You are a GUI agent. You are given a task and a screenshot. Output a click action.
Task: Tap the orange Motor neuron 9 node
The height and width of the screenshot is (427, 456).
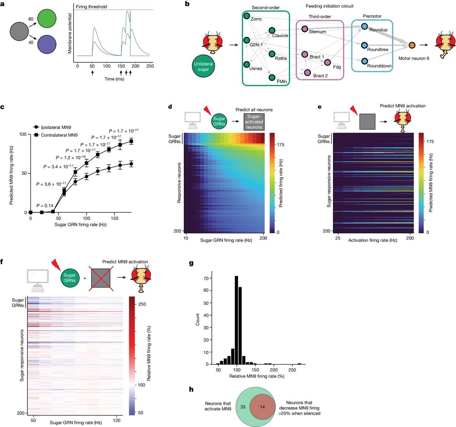pyautogui.click(x=412, y=45)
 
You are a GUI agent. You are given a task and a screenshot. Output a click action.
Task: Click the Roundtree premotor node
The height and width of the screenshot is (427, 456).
pyautogui.click(x=364, y=45)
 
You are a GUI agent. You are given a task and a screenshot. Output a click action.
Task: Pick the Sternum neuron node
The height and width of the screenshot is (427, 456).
pyautogui.click(x=304, y=28)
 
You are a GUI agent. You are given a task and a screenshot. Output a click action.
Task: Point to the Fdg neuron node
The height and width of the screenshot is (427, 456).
pyautogui.click(x=328, y=62)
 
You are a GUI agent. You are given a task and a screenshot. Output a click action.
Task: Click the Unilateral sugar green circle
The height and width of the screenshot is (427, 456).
pyautogui.click(x=203, y=66)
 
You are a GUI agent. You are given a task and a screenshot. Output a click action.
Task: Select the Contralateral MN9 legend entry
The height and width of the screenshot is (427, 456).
pyautogui.click(x=59, y=135)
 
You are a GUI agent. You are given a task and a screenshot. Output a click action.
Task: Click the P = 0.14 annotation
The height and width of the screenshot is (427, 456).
pyautogui.click(x=45, y=206)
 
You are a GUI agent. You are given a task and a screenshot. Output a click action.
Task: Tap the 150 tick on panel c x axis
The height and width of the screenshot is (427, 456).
pyautogui.click(x=115, y=218)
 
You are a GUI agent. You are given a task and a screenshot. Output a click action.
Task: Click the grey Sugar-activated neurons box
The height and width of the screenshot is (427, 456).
pyautogui.click(x=254, y=122)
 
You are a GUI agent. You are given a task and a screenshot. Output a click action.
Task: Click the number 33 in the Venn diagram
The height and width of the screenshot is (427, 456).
pyautogui.click(x=243, y=407)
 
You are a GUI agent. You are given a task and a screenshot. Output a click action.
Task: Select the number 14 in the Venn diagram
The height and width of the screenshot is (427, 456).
pyautogui.click(x=263, y=407)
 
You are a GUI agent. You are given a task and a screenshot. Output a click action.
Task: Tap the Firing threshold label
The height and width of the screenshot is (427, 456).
pyautogui.click(x=91, y=6)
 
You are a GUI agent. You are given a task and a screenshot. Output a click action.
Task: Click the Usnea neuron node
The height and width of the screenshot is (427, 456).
pyautogui.click(x=247, y=64)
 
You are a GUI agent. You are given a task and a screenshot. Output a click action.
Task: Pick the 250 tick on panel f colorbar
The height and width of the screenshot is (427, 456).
pyautogui.click(x=142, y=304)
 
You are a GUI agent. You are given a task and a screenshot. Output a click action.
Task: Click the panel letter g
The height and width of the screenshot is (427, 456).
pyautogui.click(x=191, y=263)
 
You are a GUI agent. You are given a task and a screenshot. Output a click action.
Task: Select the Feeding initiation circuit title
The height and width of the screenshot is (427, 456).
pyautogui.click(x=329, y=6)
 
